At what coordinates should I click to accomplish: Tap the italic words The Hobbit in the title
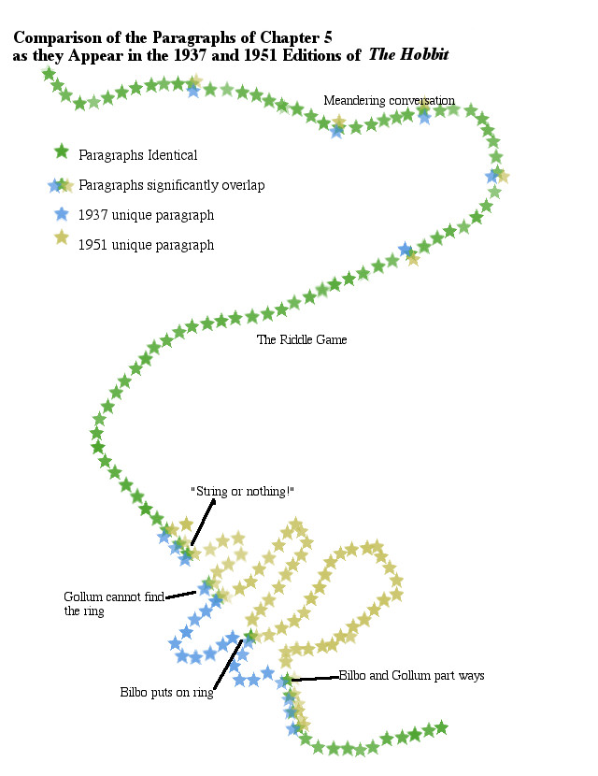coord(409,55)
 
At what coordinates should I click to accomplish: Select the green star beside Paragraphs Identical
coord(62,151)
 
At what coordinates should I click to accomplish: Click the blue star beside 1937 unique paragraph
coord(62,212)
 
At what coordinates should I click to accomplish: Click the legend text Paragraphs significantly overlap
coord(172,185)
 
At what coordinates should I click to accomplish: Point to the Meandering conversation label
coord(389,100)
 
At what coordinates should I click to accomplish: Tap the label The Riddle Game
coord(302,339)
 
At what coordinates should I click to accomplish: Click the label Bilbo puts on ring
coord(166,693)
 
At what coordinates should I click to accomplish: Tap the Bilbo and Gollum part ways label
coord(411,675)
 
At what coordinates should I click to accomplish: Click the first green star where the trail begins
coord(49,73)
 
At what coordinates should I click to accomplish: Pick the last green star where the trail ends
coord(441,726)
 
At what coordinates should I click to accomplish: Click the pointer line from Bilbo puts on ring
coord(229,664)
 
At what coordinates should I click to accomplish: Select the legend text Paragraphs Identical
coord(138,155)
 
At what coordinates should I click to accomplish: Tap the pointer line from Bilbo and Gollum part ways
coord(313,679)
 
